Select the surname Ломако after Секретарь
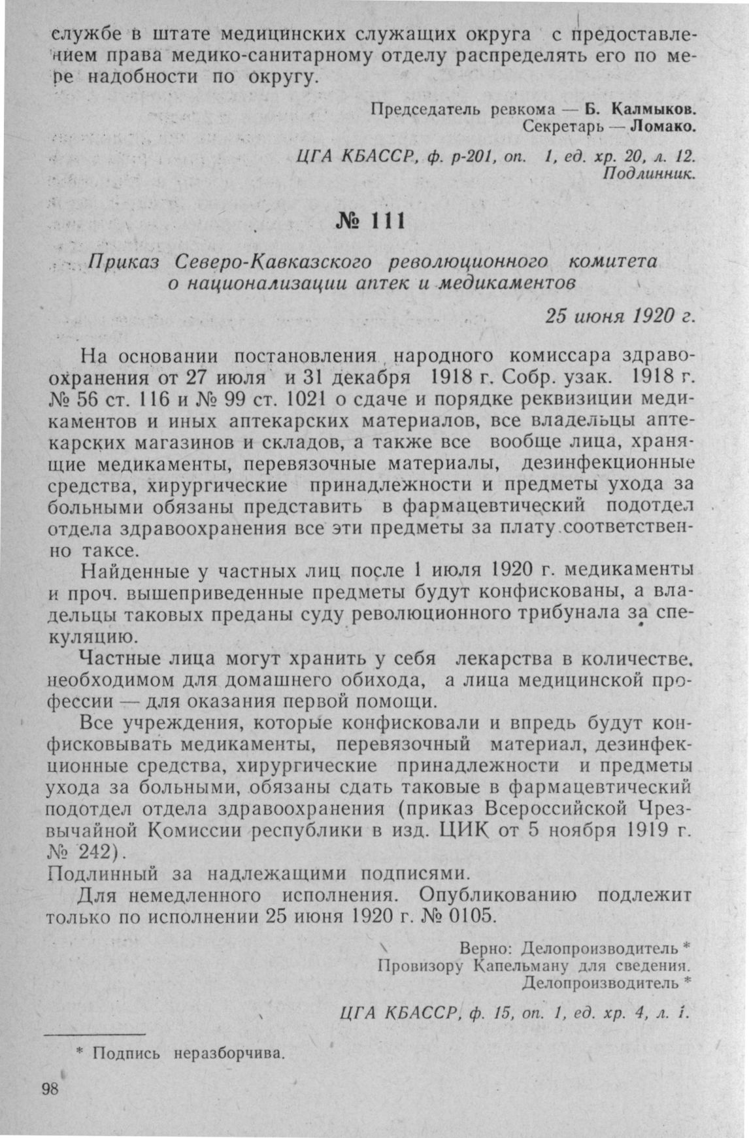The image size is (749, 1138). point(661,126)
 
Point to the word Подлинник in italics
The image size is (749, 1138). point(648,175)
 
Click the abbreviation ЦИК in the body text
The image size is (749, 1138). point(465,831)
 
